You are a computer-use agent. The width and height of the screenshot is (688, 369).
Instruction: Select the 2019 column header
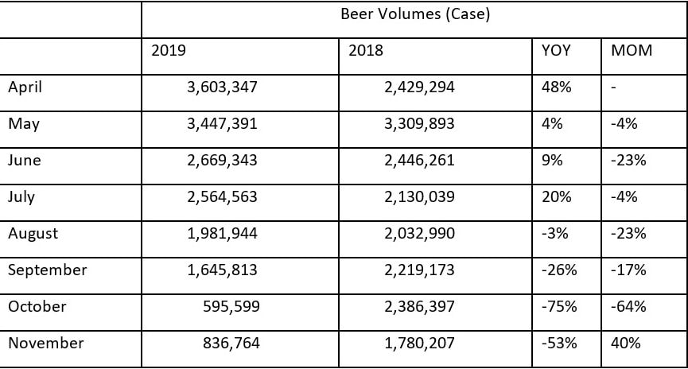tap(168, 51)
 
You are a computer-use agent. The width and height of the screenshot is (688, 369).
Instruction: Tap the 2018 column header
tap(365, 51)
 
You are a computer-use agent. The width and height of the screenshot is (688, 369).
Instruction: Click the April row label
tap(25, 87)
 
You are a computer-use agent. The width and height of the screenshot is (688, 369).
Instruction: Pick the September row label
tap(47, 270)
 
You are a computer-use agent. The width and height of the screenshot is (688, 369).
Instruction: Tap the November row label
tap(45, 344)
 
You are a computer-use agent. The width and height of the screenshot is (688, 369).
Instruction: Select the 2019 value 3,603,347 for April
tap(222, 87)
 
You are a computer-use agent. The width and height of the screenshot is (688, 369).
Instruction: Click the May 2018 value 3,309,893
tap(418, 124)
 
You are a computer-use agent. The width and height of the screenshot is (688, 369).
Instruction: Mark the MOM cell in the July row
tap(624, 197)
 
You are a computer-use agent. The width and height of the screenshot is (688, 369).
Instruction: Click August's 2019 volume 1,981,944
tap(222, 234)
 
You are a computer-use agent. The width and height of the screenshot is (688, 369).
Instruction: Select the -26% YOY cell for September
tap(558, 270)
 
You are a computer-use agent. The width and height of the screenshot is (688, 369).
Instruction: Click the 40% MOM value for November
tap(625, 344)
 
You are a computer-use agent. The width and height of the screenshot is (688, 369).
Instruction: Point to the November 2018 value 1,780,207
tap(418, 344)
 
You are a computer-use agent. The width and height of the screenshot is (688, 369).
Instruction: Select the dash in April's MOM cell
tap(614, 87)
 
